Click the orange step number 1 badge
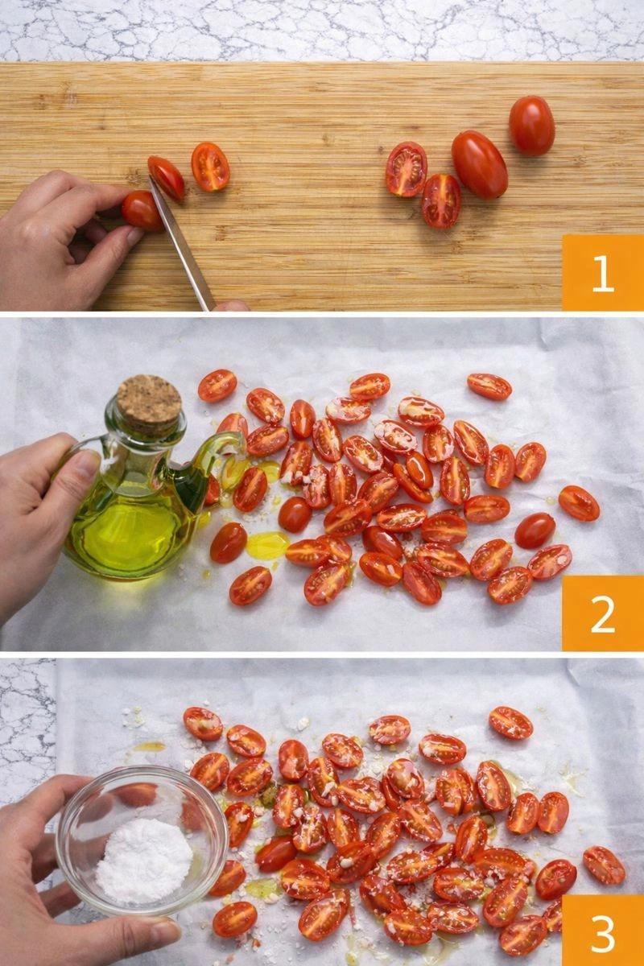602,272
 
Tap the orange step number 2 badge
602,613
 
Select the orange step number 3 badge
602,931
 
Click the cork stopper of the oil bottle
149,400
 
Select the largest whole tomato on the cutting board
479,164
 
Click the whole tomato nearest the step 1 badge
531,125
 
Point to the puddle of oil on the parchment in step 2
266,545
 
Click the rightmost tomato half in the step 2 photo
579,503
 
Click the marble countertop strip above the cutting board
322,31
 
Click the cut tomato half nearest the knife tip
166,178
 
